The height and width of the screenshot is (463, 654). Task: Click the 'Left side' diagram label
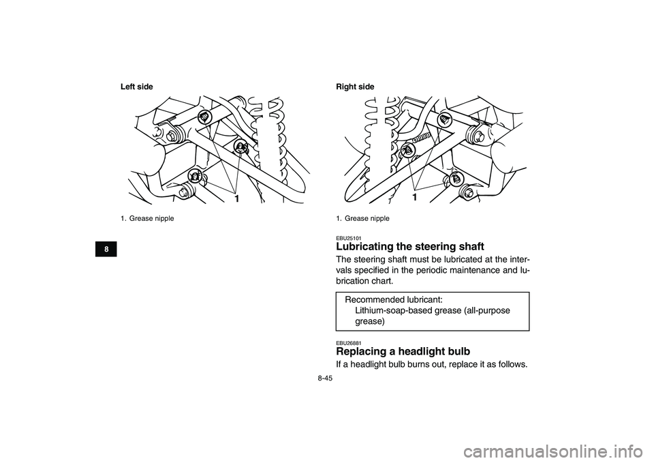click(137, 87)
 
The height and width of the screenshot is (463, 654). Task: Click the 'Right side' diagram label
click(355, 87)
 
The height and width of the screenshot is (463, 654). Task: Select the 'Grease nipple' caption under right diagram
click(367, 218)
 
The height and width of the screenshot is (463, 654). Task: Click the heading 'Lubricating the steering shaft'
click(409, 247)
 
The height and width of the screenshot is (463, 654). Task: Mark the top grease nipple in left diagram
click(202, 117)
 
